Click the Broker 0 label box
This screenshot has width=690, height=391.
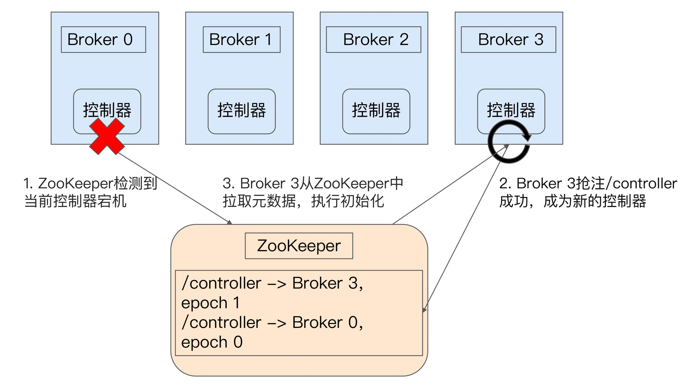pos(103,40)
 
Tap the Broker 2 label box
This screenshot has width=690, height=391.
pos(373,40)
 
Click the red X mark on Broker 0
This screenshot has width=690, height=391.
pos(107,136)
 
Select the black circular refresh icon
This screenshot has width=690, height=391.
pos(509,142)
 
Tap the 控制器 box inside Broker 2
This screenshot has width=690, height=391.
pos(376,111)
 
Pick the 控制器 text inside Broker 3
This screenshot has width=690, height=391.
pos(511,110)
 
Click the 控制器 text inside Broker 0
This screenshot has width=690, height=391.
pos(107,110)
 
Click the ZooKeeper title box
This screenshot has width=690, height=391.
pos(299,246)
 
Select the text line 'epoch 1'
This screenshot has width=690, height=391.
pos(210,303)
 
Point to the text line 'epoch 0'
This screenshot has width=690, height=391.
pos(212,342)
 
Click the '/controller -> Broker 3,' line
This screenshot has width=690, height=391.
pos(272,283)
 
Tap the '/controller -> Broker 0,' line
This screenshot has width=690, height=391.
pos(272,322)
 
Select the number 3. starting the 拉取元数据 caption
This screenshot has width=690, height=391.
pos(228,184)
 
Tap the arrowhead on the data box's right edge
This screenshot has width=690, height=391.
pos(424,310)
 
